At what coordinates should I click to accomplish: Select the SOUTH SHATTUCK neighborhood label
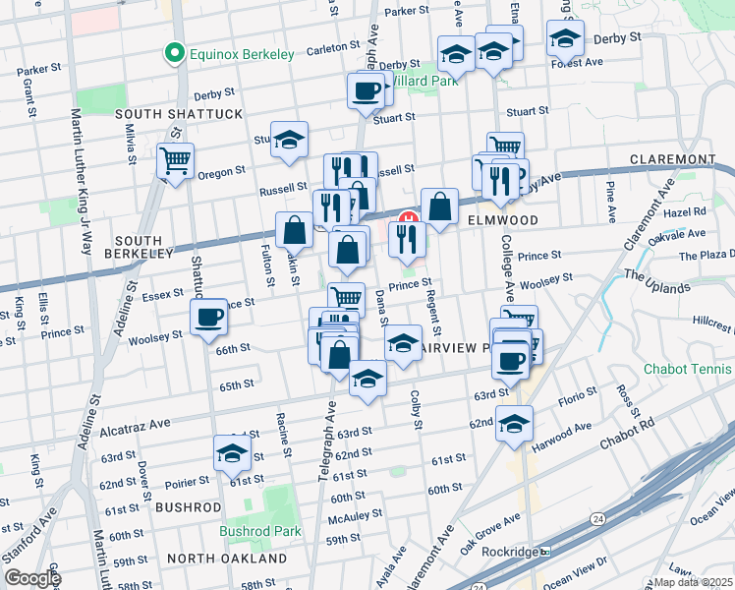click(x=179, y=114)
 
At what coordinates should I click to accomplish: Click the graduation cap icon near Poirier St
click(x=233, y=453)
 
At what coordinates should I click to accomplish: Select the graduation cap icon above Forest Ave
click(x=565, y=38)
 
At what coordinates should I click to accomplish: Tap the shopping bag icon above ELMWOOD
click(x=440, y=207)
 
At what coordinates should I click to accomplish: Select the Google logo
click(x=32, y=578)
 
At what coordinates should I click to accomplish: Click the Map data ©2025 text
click(x=693, y=582)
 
